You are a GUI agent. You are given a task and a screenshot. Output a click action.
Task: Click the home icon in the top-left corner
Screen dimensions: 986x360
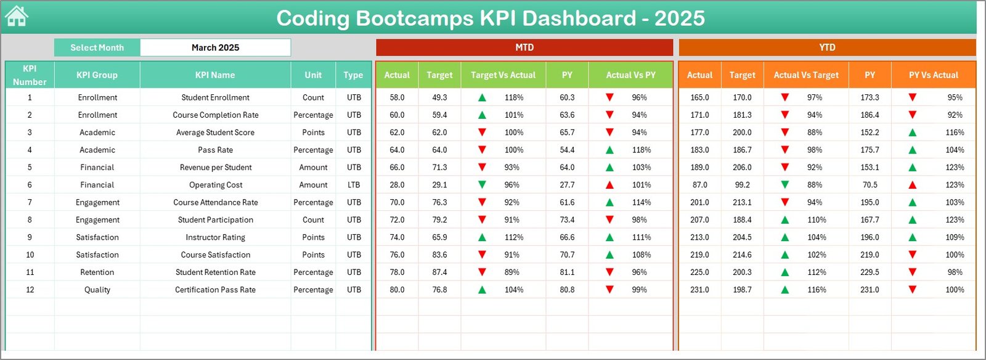click(x=17, y=17)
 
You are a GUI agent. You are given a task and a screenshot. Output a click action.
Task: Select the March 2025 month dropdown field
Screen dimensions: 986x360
click(x=215, y=47)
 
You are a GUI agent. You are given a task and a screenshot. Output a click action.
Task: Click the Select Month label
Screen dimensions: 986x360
click(x=97, y=47)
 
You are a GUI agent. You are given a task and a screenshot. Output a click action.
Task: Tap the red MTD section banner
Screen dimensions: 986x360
click(x=524, y=47)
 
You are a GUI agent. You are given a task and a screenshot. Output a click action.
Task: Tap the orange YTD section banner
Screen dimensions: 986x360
click(x=827, y=47)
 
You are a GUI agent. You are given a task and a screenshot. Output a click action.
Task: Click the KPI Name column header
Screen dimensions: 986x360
click(x=214, y=75)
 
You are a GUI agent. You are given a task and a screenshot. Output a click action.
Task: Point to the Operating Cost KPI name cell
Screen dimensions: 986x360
click(x=215, y=185)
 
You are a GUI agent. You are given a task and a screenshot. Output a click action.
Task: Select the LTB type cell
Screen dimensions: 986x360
click(x=354, y=185)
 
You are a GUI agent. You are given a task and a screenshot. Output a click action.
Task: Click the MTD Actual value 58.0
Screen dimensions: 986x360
click(x=397, y=97)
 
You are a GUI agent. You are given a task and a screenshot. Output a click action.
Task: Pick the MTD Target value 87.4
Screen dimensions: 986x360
click(x=439, y=272)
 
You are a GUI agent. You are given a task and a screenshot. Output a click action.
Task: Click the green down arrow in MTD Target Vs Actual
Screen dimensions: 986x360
click(x=482, y=185)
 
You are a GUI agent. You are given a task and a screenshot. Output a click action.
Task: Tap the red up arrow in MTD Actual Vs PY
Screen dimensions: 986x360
click(x=609, y=185)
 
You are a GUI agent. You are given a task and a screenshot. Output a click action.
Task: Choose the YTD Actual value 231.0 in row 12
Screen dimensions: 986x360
click(x=699, y=290)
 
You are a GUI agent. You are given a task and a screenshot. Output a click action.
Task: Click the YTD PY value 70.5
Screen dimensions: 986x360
click(x=870, y=185)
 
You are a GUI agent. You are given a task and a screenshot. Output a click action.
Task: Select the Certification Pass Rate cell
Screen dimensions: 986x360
click(x=215, y=290)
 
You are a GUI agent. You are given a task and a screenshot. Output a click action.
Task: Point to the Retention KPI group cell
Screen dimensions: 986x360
click(x=97, y=272)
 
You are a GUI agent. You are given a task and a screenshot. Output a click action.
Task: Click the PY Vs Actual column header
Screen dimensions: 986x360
click(x=933, y=75)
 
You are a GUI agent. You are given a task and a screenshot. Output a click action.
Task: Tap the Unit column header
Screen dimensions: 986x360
click(x=313, y=75)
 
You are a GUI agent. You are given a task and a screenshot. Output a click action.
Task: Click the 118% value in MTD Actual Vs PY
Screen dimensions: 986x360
click(x=641, y=150)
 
